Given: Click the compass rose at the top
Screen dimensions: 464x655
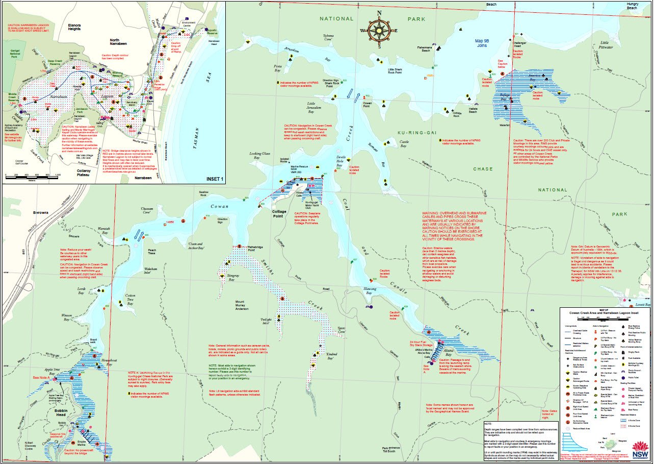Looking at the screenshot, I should click(378, 29).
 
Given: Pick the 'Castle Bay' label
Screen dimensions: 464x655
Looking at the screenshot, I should click(404, 144).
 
